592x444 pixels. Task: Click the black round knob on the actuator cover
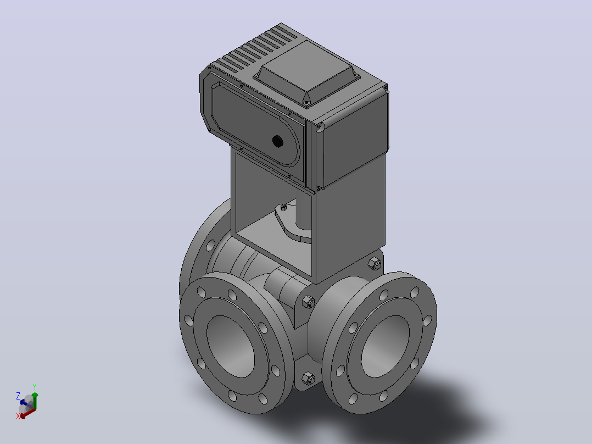[x=278, y=141]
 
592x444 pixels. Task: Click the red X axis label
[x=18, y=416]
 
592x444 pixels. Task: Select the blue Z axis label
[x=18, y=396]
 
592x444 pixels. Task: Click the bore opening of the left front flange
[x=230, y=346]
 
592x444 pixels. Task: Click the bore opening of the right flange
[x=386, y=346]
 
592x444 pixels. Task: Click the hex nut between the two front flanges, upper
[x=309, y=302]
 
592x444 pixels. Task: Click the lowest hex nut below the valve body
[x=309, y=378]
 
